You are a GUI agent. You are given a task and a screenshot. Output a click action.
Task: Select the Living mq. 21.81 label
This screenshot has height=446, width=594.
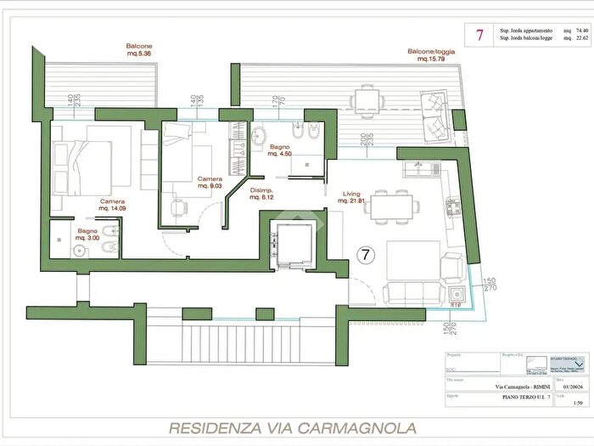353,197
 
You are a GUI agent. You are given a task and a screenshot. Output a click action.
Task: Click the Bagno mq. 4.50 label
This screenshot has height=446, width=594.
281,150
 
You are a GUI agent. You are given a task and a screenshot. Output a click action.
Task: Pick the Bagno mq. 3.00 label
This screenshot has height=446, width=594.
87,234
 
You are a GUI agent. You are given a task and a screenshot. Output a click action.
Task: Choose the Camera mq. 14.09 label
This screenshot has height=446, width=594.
112,204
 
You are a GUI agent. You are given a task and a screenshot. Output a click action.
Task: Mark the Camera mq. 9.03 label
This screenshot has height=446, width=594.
210,183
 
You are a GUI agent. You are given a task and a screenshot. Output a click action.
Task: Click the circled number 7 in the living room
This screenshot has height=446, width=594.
364,254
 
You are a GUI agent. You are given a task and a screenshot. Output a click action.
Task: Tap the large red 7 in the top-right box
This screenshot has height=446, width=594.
480,35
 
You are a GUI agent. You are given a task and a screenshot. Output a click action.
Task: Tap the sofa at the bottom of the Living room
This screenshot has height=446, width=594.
415,294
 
